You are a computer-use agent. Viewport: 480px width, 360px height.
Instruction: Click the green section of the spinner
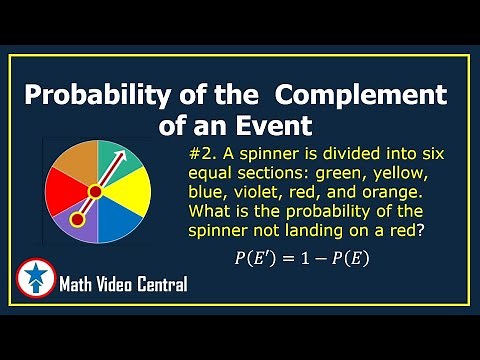tap(109, 157)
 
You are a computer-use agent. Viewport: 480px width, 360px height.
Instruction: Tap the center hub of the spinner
tap(96, 190)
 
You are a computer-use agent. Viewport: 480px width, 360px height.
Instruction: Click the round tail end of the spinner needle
tap(75, 218)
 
